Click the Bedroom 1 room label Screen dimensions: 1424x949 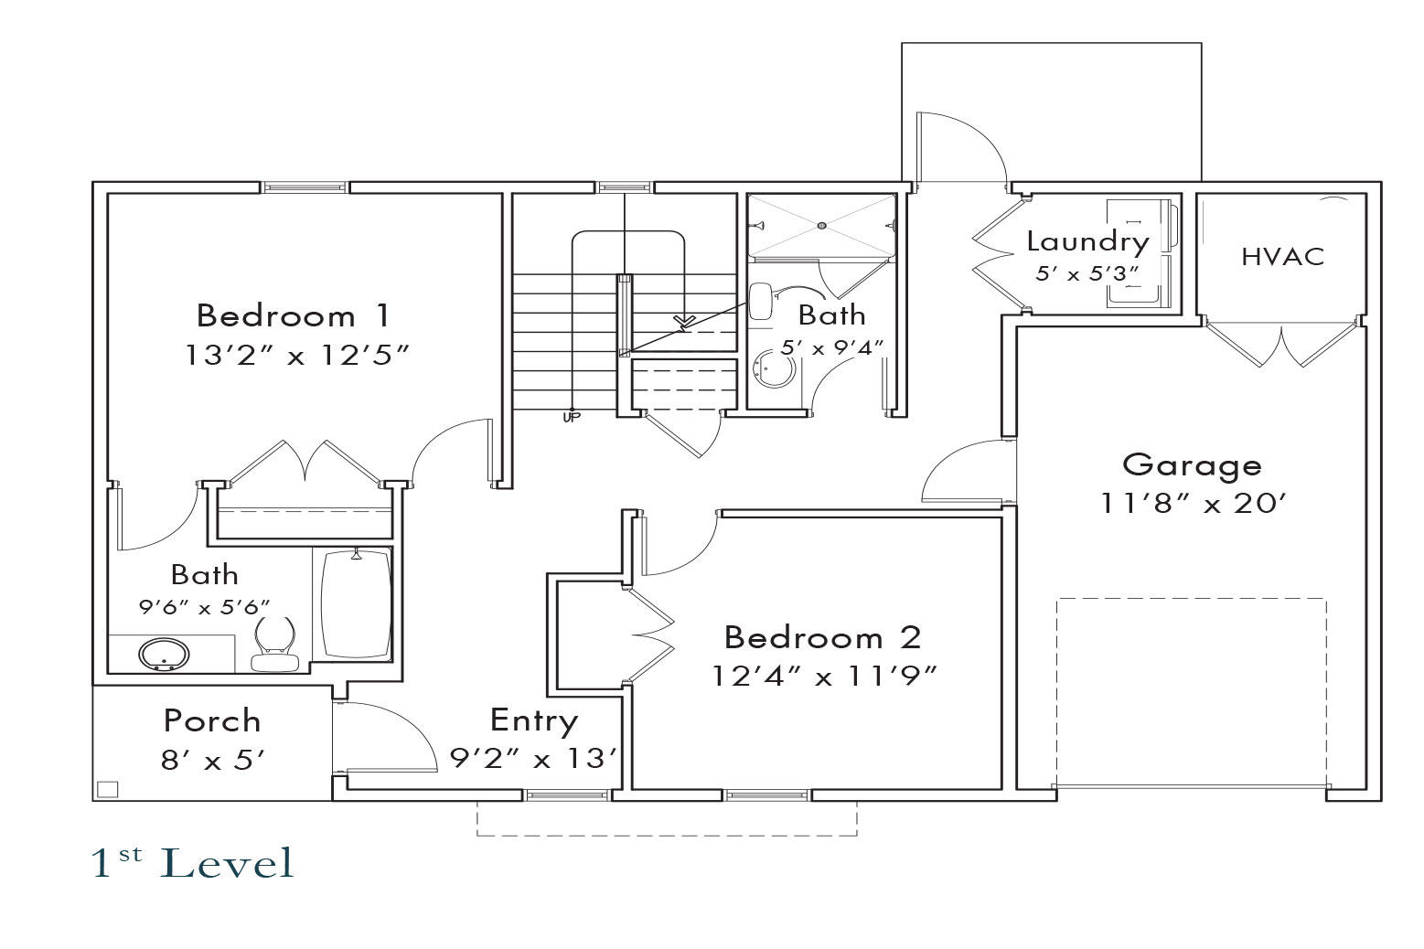click(x=293, y=316)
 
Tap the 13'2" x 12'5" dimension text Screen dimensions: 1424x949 click(x=296, y=356)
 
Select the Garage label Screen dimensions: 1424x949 click(x=1192, y=467)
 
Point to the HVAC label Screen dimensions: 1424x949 click(x=1283, y=257)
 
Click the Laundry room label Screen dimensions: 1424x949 click(x=1088, y=243)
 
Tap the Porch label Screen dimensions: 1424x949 click(x=212, y=721)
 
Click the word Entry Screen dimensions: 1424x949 click(x=534, y=721)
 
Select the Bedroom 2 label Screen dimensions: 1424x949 click(x=822, y=637)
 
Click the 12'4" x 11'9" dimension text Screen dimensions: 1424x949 click(x=825, y=677)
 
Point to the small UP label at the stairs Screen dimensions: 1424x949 click(x=571, y=418)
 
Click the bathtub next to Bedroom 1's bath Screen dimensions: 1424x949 click(x=356, y=604)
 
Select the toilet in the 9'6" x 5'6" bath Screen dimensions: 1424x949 click(x=275, y=644)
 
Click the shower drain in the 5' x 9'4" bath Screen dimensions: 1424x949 click(x=821, y=226)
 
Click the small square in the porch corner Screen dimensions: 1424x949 click(x=107, y=789)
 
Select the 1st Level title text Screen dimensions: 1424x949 click(x=193, y=863)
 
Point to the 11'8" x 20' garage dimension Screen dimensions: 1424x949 click(x=1194, y=504)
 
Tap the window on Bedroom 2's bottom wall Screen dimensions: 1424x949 click(x=767, y=795)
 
